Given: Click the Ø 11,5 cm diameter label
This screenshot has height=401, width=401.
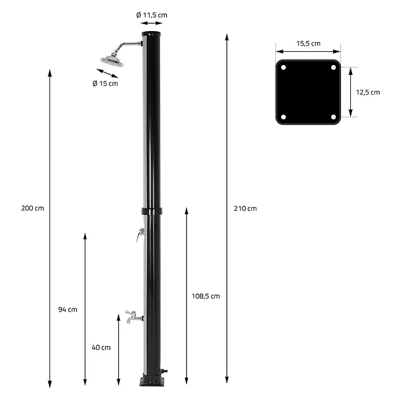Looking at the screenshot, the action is pos(152,15).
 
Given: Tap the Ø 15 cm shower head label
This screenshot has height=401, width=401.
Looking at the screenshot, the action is pos(105,84).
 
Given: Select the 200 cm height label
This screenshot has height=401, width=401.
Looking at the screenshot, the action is pos(32,208).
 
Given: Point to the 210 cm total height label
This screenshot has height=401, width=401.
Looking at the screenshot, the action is pos(245,209).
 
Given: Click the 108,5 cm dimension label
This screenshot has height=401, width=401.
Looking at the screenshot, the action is pos(206,296).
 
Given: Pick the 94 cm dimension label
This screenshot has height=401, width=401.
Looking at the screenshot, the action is pos(68,309).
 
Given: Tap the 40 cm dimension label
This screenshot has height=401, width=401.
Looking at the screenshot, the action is pos(101,347).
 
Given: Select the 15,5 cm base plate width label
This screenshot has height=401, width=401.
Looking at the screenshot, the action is pos(308,43).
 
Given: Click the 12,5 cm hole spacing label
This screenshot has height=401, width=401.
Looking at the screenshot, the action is pos(368,92).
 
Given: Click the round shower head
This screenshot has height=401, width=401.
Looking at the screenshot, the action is pos(112,60).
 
